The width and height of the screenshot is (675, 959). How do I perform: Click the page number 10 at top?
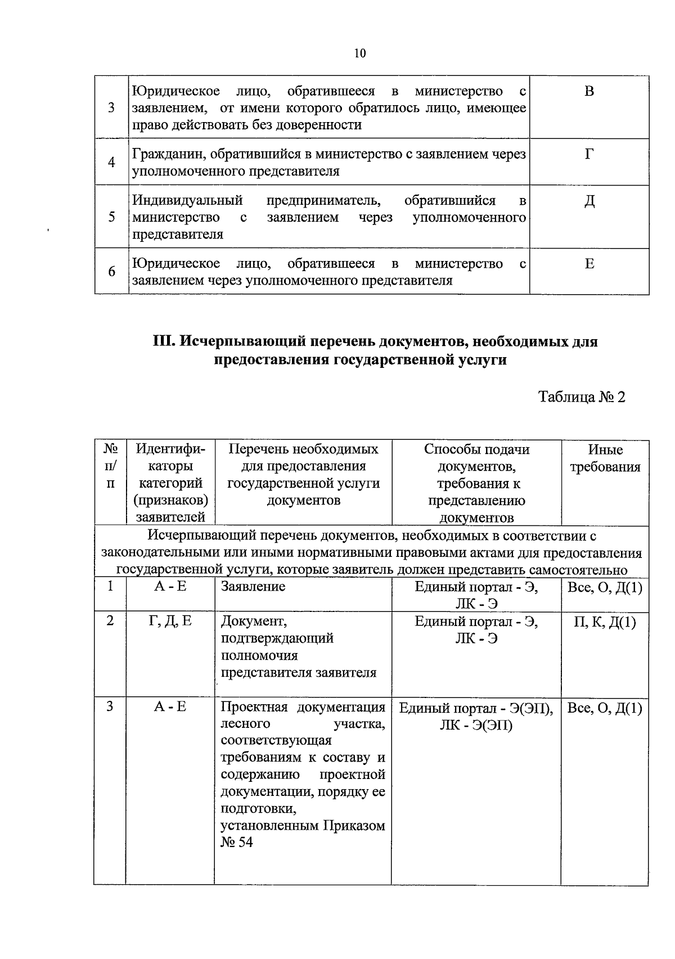[x=360, y=53]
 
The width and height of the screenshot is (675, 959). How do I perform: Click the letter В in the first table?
[x=589, y=92]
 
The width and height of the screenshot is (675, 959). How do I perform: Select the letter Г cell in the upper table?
[x=589, y=154]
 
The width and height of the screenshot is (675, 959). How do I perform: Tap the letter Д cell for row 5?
[x=589, y=201]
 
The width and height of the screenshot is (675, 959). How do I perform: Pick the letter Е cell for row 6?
[x=589, y=264]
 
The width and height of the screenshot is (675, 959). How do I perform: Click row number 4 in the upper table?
[x=111, y=163]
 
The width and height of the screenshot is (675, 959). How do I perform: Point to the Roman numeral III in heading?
[x=165, y=341]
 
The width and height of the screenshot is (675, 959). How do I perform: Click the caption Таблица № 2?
[x=582, y=397]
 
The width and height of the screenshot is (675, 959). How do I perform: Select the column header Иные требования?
[x=605, y=458]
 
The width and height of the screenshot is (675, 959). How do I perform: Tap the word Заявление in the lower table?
[x=253, y=587]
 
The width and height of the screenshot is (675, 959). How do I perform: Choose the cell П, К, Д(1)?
[x=605, y=622]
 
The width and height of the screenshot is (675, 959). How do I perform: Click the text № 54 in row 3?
[x=237, y=843]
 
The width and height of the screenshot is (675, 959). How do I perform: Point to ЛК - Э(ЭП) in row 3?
[x=476, y=726]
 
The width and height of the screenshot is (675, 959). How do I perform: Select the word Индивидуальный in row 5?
[x=187, y=201]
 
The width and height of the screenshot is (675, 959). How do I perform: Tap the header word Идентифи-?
[x=170, y=449]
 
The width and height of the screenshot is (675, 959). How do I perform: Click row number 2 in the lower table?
[x=110, y=620]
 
